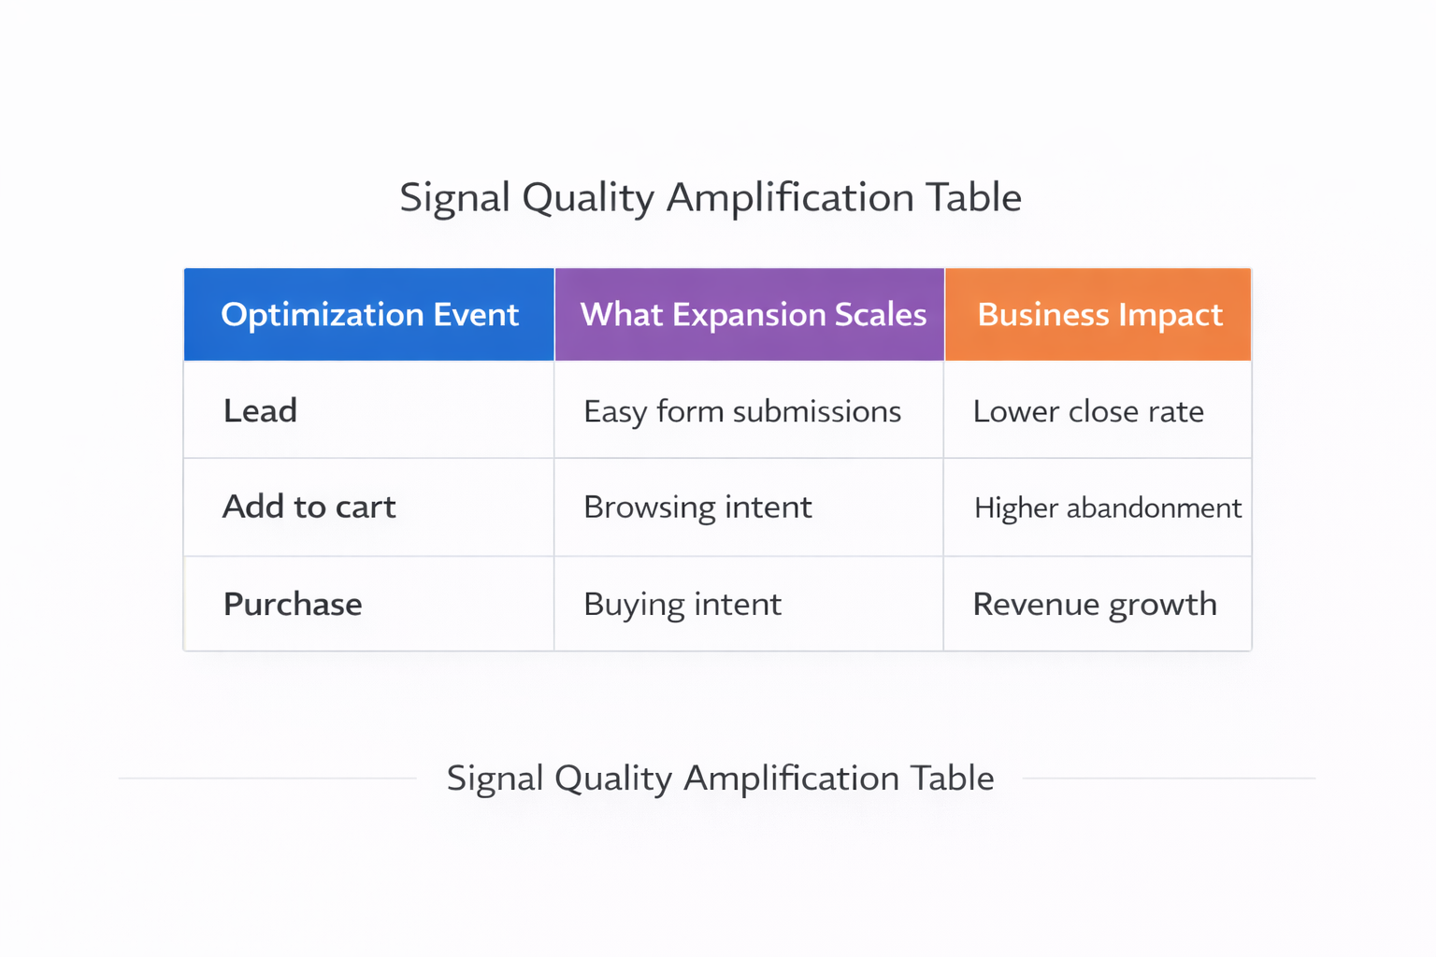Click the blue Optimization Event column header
369,315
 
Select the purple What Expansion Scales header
753,315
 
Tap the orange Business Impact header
1099,315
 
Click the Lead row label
260,411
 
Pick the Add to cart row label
309,507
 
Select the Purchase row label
293,604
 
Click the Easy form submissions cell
742,411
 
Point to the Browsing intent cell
697,507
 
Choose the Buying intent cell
682,604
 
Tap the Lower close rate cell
1088,411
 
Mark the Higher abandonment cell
1108,507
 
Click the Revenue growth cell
1095,604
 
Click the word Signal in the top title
454,198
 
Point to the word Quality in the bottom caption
613,778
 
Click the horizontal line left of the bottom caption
267,778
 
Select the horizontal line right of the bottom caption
1169,778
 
